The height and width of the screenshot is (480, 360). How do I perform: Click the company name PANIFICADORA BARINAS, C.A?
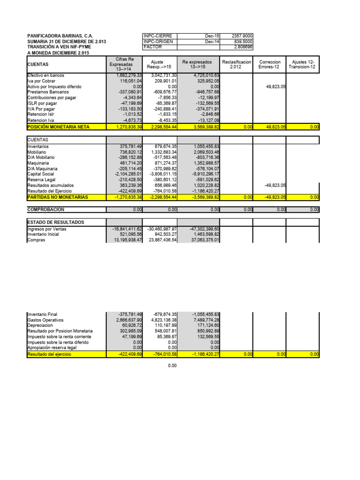click(60, 36)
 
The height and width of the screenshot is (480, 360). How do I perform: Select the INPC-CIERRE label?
click(157, 36)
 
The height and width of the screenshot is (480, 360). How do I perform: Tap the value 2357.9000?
click(242, 36)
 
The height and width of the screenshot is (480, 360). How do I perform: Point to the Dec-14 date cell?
click(211, 42)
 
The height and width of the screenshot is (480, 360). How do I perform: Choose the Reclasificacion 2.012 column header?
click(237, 64)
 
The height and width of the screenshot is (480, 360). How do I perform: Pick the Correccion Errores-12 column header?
click(270, 64)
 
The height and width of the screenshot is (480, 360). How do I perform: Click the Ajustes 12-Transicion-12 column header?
click(303, 64)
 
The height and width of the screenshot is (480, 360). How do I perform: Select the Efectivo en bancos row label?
click(46, 75)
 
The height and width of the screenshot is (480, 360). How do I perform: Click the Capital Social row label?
click(41, 173)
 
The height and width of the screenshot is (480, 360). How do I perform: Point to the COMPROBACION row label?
click(46, 210)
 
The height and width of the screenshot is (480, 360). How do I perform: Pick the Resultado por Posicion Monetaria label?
click(60, 331)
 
